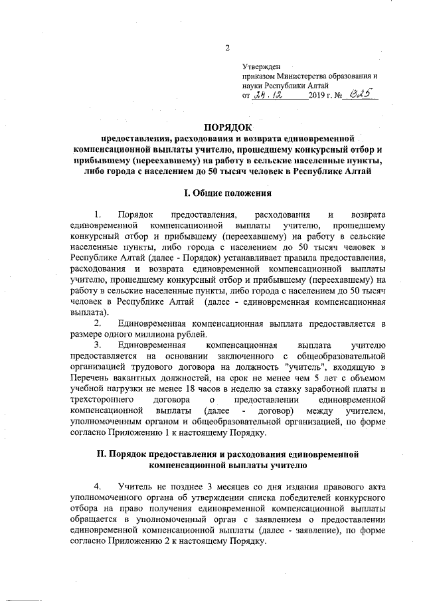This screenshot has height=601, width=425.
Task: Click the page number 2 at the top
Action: pos(228,48)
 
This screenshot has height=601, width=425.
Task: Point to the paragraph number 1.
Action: pos(98,215)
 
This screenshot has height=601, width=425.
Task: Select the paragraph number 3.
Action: pos(98,345)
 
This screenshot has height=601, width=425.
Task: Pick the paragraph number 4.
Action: pos(98,487)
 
